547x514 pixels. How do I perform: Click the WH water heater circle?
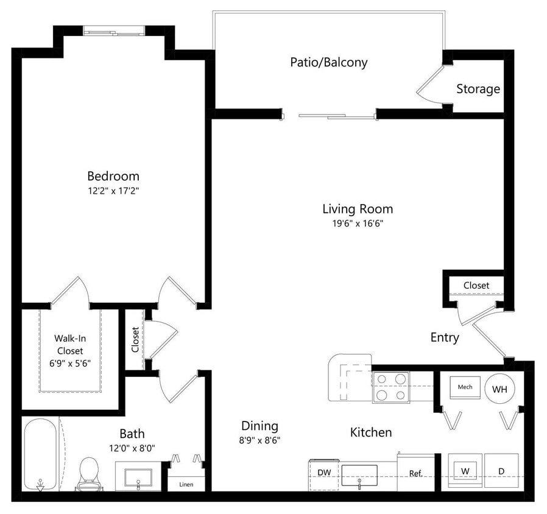tap(499, 388)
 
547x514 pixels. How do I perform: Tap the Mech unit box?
tap(465, 387)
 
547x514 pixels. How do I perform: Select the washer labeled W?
tap(465, 471)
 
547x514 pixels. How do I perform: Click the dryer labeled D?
tap(501, 471)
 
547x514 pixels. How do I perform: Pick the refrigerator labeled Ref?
tap(416, 473)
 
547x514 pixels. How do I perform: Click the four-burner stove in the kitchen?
tap(390, 387)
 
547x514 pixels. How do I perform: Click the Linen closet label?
tap(187, 485)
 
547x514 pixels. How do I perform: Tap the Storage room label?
tap(478, 89)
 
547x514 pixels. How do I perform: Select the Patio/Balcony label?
tap(328, 62)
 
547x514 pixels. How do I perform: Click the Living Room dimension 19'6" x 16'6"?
tap(357, 223)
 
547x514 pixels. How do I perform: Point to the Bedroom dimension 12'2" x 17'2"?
tap(113, 190)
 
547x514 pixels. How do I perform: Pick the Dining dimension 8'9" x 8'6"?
tap(259, 440)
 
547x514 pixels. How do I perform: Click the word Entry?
tap(444, 337)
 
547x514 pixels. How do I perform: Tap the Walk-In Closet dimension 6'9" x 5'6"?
tap(69, 364)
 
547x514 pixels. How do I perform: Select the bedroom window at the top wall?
tap(114, 31)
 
